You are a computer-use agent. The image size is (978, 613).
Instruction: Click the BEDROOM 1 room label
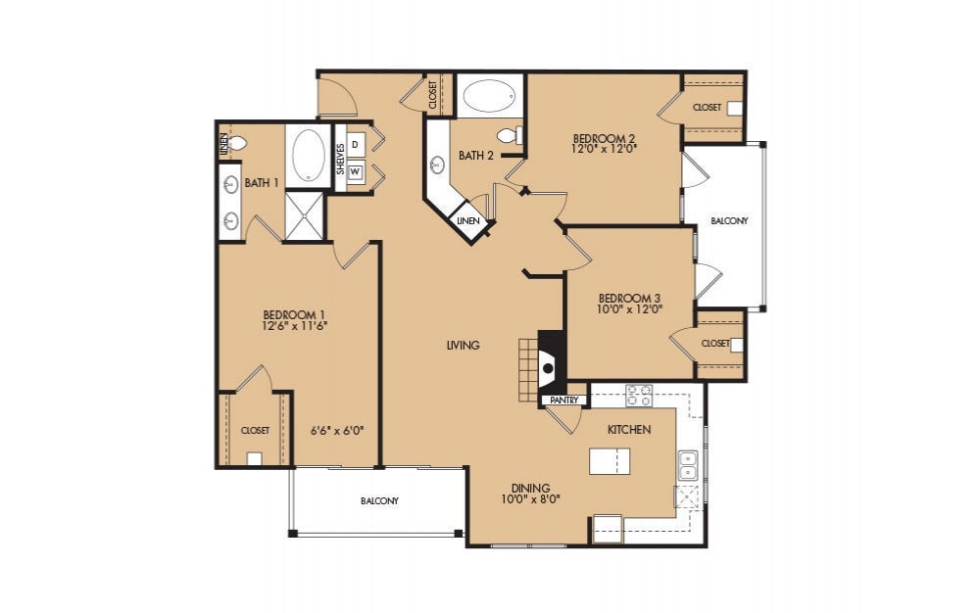pos(293,314)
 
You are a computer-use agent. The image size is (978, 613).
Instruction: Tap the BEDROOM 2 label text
pos(605,138)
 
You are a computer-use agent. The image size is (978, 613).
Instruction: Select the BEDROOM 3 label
pos(630,298)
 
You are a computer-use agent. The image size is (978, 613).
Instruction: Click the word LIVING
pos(463,345)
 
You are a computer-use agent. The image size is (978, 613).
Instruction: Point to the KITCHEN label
pos(628,430)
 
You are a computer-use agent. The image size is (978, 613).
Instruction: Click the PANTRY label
pos(562,401)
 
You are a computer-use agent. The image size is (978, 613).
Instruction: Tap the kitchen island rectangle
pos(609,460)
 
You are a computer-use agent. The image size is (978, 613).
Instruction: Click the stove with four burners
pos(639,396)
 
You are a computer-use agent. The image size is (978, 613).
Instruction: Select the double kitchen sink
pos(688,464)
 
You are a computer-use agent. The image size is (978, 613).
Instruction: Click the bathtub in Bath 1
pos(311,155)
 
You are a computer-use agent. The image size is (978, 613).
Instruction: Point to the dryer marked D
pos(355,145)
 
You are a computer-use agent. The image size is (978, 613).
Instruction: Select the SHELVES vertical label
pos(340,159)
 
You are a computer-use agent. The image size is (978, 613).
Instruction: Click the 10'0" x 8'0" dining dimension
pos(529,498)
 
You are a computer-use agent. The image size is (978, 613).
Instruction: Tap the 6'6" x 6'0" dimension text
pos(331,430)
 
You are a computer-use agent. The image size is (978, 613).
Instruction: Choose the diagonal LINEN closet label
pos(467,221)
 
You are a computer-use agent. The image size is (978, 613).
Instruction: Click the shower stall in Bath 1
pos(304,215)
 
